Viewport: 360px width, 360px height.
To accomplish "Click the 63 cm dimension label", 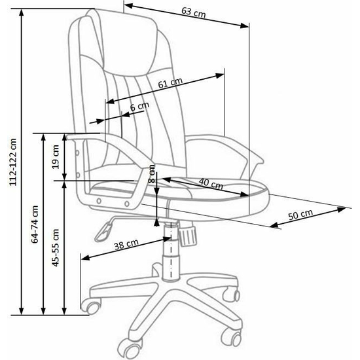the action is pyautogui.click(x=194, y=12).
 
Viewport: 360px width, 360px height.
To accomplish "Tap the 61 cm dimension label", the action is pyautogui.click(x=170, y=83).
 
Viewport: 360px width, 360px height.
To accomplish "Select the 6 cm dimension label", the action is pyautogui.click(x=139, y=106).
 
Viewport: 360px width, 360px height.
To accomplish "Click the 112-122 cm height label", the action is pyautogui.click(x=13, y=162).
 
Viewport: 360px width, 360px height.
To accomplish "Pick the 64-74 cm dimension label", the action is pyautogui.click(x=35, y=225).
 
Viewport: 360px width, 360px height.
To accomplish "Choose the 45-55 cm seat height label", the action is pyautogui.click(x=56, y=247).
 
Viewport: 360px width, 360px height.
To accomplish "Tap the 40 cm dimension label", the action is pyautogui.click(x=211, y=183).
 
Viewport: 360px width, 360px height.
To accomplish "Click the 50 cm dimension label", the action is pyautogui.click(x=300, y=215).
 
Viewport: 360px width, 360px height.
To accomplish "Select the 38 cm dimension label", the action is pyautogui.click(x=126, y=244).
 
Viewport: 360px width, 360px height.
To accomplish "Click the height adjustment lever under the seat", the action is pyautogui.click(x=105, y=231).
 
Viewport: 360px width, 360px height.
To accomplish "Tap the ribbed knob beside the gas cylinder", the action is pyautogui.click(x=188, y=235).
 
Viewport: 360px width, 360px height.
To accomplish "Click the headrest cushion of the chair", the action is pyautogui.click(x=128, y=44).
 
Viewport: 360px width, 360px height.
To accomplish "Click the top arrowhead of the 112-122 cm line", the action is pyautogui.click(x=22, y=13).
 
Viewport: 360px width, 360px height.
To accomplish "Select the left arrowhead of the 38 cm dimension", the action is pyautogui.click(x=85, y=258).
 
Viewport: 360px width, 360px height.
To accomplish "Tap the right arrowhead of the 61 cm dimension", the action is pyautogui.click(x=219, y=75).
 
